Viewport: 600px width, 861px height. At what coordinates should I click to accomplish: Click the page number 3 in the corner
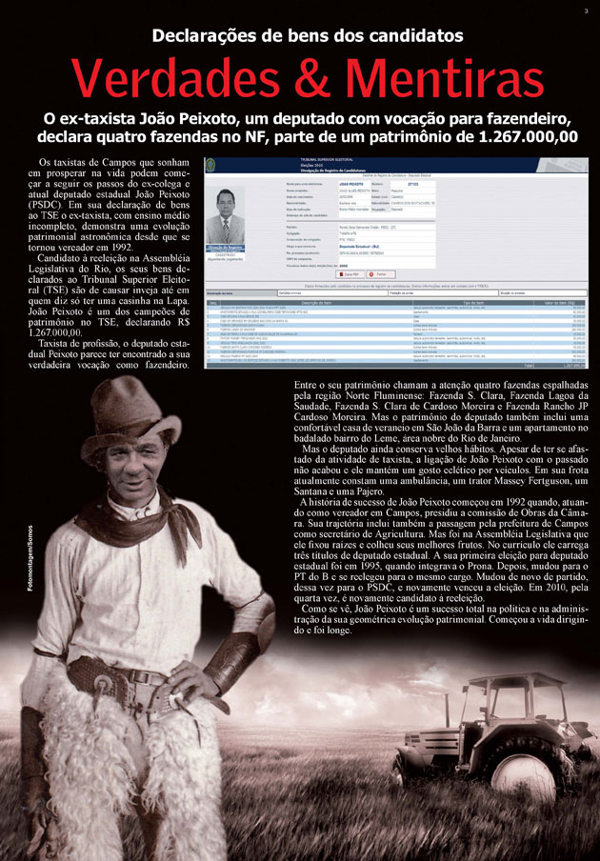pyautogui.click(x=586, y=10)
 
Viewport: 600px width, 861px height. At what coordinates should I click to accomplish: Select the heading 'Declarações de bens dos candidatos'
pyautogui.click(x=300, y=36)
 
